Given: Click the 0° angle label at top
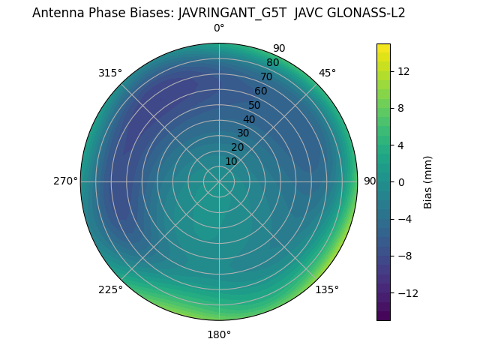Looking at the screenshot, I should coord(219,28).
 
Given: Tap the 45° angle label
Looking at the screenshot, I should coord(327,73).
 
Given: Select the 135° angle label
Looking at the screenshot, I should coord(327,289).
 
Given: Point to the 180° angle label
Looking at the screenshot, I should coord(219,334).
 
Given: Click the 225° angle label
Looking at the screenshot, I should coord(110,289).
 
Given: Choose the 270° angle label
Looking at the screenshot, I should coord(65,181).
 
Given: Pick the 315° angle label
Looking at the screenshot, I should coord(110,73).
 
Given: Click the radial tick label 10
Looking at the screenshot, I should coord(231,161).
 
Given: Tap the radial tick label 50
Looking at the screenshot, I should coord(255,105).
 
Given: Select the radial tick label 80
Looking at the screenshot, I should coord(273,63).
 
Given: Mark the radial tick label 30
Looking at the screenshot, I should coord(243,133).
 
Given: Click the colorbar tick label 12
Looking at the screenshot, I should coord(403,71).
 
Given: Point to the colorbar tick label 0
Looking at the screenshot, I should coord(401,181).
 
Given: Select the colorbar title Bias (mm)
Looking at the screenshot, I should coord(428,182).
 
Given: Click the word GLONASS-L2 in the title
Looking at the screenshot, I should coord(365,13).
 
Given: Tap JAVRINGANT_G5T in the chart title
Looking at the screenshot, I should coord(232,13).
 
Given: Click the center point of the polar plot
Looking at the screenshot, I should coord(219,181).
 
